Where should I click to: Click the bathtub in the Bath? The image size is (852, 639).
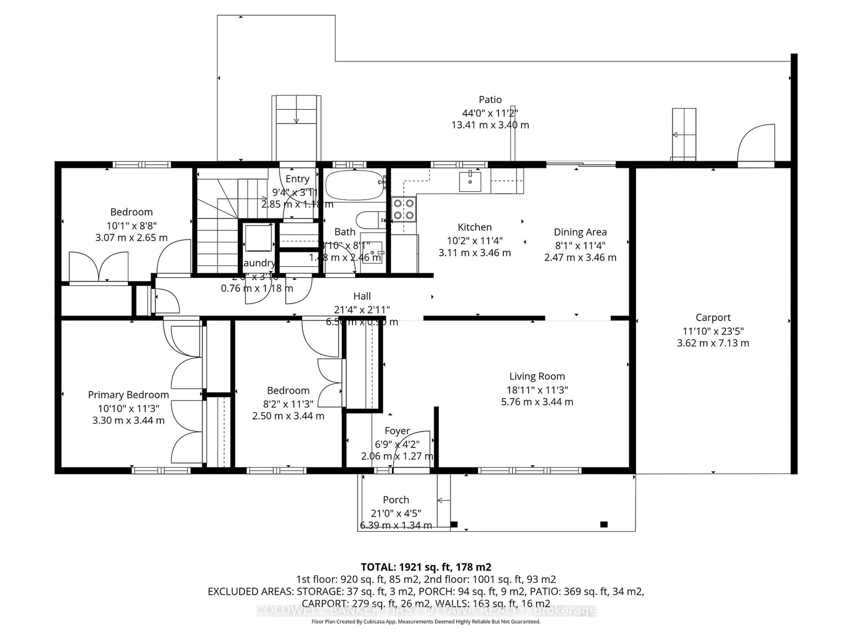[354, 185]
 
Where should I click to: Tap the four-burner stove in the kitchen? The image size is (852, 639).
[404, 209]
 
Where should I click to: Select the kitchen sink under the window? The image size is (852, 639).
[470, 182]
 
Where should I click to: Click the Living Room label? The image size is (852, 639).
[537, 376]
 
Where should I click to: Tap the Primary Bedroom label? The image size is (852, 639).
[128, 395]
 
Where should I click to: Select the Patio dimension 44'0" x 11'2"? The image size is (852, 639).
[490, 113]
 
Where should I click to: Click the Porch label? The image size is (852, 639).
[396, 500]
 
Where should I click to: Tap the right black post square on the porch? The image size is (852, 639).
[603, 524]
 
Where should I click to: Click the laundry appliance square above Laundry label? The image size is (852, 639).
[258, 239]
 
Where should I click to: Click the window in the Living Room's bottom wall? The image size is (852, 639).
[530, 470]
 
